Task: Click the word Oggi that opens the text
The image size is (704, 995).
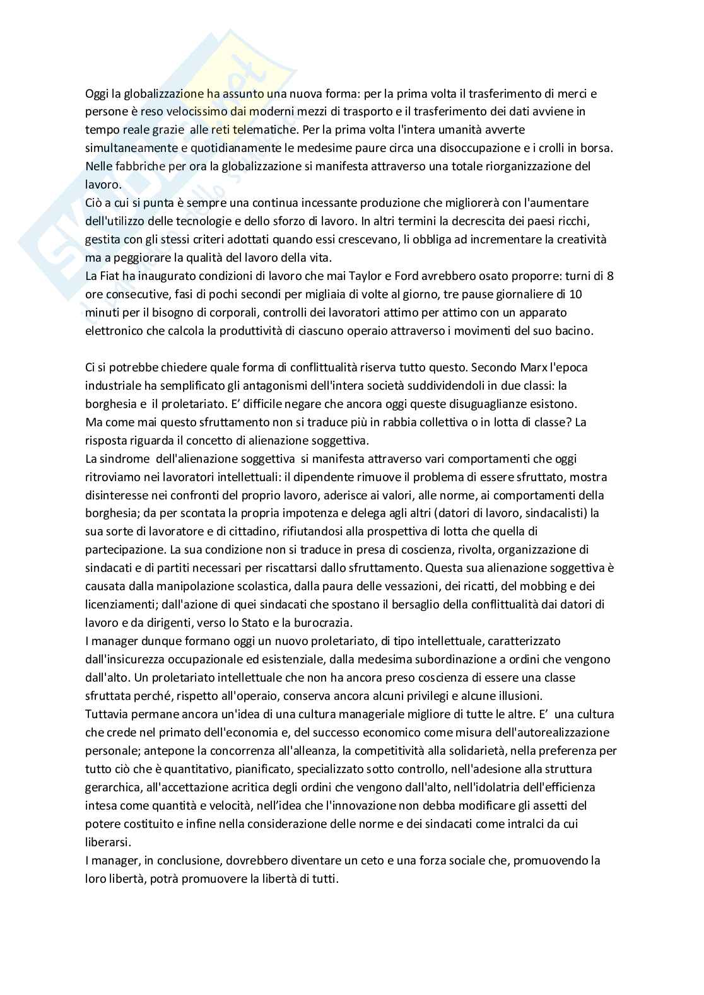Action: tap(96, 94)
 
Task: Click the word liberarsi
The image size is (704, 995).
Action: tap(107, 842)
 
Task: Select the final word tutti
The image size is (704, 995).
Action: tap(324, 878)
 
